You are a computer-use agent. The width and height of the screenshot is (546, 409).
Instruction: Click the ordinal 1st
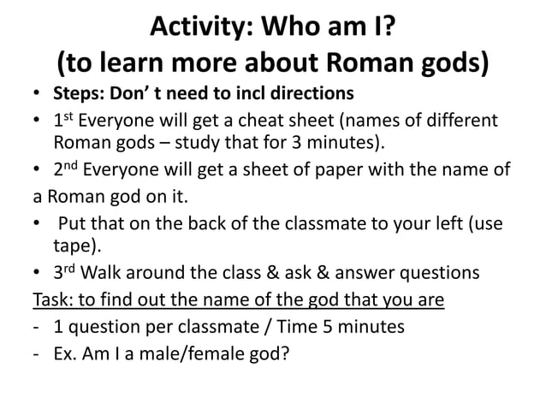(x=63, y=120)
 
